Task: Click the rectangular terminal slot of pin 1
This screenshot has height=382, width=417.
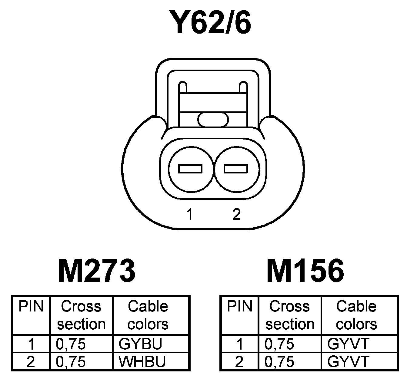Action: [x=190, y=169]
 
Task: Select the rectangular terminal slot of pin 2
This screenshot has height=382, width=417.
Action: [x=236, y=169]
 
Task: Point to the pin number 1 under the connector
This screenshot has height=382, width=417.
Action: [x=190, y=214]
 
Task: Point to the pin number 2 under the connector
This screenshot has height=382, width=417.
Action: [x=236, y=214]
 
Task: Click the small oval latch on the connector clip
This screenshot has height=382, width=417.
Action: [x=213, y=119]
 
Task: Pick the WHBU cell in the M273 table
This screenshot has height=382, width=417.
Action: [x=142, y=361]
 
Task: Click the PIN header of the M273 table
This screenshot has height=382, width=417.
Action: [x=31, y=306]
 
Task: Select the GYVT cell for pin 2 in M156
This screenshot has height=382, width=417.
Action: [x=349, y=361]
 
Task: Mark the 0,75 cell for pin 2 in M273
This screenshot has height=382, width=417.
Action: [x=71, y=361]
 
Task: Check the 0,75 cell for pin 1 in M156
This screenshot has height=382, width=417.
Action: [x=279, y=344]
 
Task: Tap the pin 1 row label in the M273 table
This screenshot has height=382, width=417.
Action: [x=31, y=344]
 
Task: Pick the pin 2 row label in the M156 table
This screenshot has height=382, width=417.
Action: [x=239, y=361]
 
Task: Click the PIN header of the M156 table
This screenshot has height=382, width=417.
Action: [x=240, y=306]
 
